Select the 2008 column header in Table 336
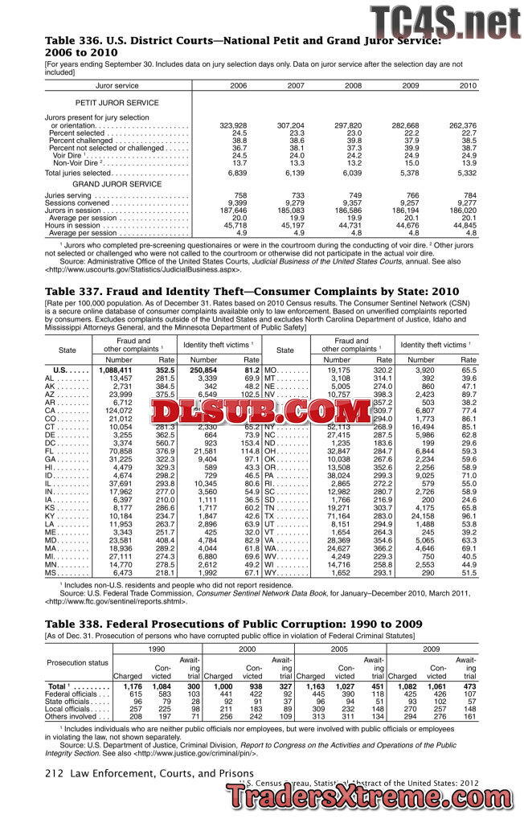coord(353,85)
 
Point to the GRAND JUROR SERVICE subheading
coord(117,184)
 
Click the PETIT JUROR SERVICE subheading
coord(117,103)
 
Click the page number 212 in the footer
coord(54,773)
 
